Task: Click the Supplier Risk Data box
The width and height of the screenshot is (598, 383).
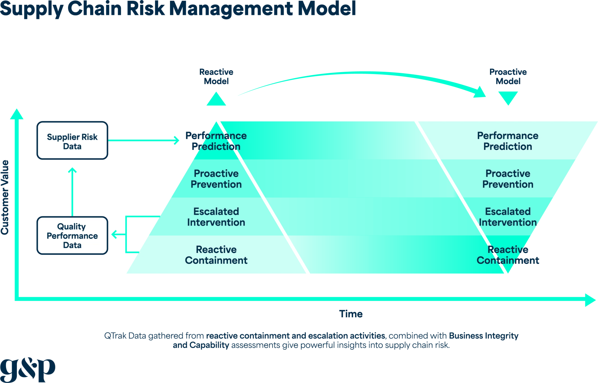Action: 72,141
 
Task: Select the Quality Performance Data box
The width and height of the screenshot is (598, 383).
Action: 72,236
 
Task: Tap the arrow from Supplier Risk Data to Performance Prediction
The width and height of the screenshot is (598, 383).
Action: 144,140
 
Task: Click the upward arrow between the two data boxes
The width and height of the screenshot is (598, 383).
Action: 72,191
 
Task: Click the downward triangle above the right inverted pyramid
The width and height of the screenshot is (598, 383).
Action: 508,98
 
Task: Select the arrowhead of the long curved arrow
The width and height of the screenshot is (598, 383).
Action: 480,92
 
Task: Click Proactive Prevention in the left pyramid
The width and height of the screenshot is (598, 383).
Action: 216,179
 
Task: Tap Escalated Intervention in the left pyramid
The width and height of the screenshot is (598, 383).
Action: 216,217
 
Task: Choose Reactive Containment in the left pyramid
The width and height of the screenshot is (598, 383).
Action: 216,255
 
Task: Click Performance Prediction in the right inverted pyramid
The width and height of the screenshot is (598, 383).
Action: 508,141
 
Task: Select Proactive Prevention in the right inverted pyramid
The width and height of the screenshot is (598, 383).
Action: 508,179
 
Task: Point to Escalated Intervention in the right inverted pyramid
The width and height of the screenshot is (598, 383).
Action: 508,217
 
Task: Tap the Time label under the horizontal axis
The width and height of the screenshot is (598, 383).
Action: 351,314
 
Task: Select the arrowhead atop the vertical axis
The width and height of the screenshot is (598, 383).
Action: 16,114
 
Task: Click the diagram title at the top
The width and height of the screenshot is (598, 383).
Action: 178,9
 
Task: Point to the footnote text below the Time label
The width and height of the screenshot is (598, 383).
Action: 311,340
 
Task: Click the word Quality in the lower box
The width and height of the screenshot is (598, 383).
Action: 71,226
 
